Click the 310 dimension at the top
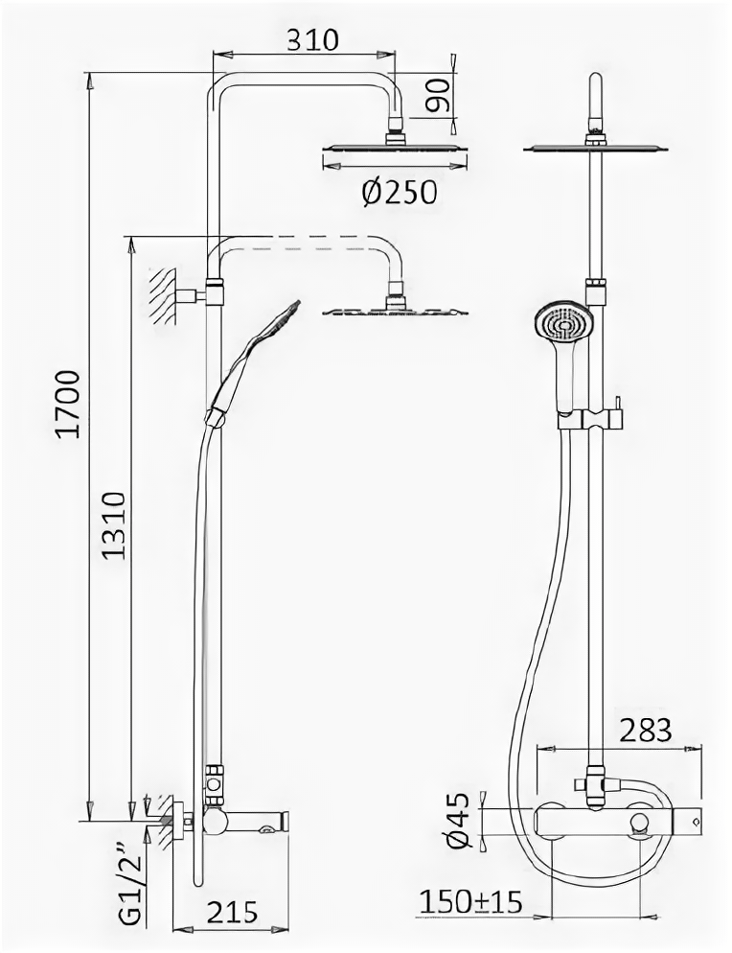312,39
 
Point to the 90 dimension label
439,95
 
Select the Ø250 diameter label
400,193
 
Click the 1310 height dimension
113,526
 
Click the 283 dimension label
644,731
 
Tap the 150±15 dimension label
473,902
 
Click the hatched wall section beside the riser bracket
164,296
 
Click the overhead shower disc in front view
595,149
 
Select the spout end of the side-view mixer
278,822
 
